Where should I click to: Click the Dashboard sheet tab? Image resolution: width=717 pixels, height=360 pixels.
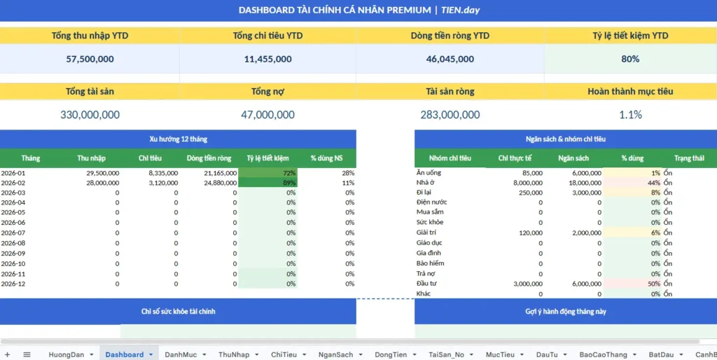click(125, 354)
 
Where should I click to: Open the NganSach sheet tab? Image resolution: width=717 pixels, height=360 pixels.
click(335, 354)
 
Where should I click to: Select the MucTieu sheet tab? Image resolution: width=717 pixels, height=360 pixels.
click(502, 354)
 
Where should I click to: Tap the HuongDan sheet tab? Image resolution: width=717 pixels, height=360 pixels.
click(66, 354)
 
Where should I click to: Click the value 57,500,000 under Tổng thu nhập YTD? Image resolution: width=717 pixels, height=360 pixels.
click(90, 60)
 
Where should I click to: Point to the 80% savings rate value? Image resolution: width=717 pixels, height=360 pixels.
click(630, 60)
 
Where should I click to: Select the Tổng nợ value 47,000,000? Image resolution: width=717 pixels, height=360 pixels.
click(267, 115)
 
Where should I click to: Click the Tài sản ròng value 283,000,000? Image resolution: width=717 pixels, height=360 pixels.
click(450, 115)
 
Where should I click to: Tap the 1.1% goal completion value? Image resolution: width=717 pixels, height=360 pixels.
click(630, 115)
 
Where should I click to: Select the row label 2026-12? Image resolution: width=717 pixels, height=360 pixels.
click(13, 284)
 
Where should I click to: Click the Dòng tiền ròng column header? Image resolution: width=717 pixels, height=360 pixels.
click(209, 158)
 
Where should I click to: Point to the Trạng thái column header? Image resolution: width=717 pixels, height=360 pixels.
click(689, 158)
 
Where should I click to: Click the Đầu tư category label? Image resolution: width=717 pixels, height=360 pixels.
click(427, 284)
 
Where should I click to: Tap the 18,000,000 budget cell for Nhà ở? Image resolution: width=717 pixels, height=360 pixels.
click(581, 183)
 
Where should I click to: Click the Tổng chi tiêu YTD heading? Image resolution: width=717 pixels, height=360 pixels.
click(267, 36)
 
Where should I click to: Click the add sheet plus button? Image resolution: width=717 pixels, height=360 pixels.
click(8, 354)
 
